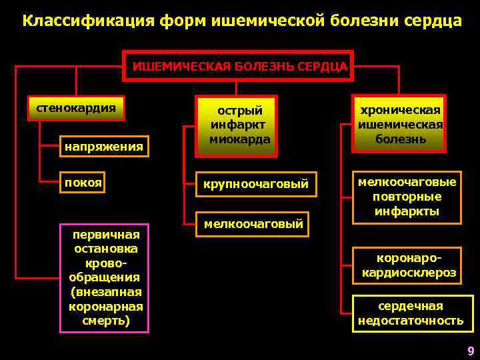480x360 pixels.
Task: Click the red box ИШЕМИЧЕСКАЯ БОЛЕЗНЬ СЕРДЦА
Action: [239, 66]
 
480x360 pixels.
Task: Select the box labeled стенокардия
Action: [75, 108]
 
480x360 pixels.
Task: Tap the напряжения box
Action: [103, 146]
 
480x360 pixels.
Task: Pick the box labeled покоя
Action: [83, 183]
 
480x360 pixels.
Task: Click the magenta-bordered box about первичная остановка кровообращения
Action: [105, 277]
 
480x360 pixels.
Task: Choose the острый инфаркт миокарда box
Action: [239, 125]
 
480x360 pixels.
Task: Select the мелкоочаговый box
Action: [253, 224]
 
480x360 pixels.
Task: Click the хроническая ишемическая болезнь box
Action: [400, 124]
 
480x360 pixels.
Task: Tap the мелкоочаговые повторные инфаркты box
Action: [406, 197]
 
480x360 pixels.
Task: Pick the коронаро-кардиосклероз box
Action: [409, 265]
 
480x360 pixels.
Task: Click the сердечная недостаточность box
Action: [410, 313]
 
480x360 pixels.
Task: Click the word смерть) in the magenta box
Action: [106, 321]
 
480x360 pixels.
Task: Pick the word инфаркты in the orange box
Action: [407, 211]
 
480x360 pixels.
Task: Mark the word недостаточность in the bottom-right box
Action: [410, 321]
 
